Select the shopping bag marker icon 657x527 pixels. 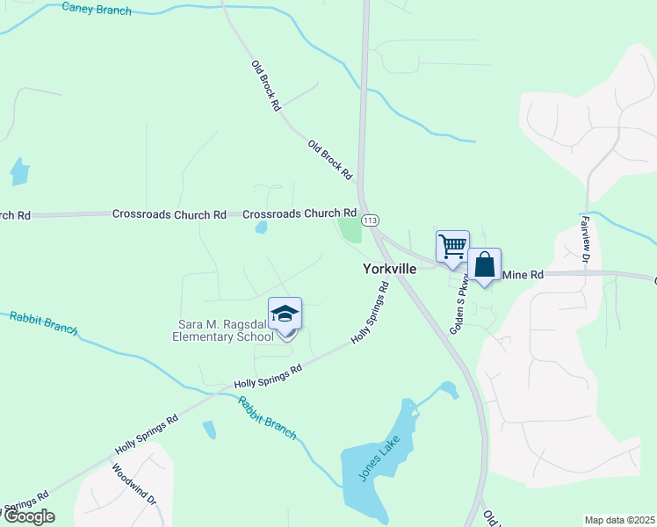pos(484,264)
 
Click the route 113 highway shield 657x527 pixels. pos(370,219)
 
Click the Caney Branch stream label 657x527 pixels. pos(97,10)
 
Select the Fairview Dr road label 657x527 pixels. pos(584,239)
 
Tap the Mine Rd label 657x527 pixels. pos(523,274)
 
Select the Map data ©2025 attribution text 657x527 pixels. pos(618,520)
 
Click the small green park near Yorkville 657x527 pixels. pos(350,230)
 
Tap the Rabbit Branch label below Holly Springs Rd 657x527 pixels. pos(267,418)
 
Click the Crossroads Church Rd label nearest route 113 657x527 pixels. pos(299,213)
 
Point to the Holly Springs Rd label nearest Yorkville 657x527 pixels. pos(370,313)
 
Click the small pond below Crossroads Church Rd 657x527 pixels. pos(261,227)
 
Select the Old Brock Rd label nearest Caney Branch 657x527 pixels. pos(265,84)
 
